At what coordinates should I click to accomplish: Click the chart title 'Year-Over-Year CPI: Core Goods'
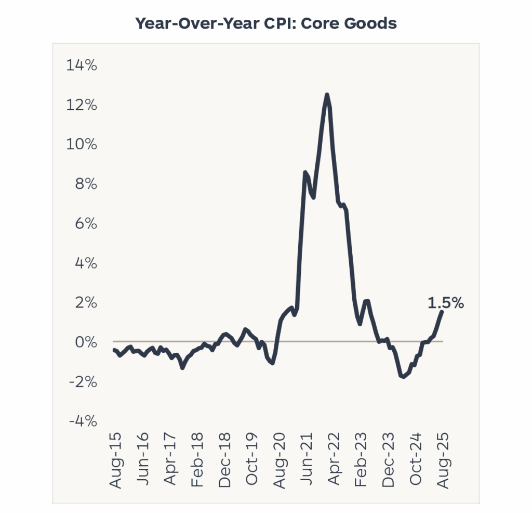(x=266, y=23)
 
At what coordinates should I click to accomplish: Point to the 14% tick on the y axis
(x=82, y=66)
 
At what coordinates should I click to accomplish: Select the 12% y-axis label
(x=82, y=105)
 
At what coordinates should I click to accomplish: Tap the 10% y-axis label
(x=82, y=145)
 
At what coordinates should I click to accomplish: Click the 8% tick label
(x=85, y=184)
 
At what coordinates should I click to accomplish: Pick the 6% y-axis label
(x=85, y=224)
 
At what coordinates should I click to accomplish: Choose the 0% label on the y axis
(x=85, y=342)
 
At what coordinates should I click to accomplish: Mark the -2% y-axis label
(x=83, y=382)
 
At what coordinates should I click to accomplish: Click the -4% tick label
(x=83, y=421)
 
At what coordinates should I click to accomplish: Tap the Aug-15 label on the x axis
(x=116, y=460)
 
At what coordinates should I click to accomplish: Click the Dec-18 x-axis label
(x=225, y=460)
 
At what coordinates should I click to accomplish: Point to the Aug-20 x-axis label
(x=280, y=460)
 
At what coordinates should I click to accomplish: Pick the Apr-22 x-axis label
(x=334, y=460)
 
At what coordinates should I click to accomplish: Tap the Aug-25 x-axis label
(x=443, y=460)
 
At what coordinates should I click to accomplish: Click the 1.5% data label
(x=445, y=303)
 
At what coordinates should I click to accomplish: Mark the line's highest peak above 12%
(x=327, y=95)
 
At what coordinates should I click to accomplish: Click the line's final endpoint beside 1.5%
(x=442, y=312)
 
